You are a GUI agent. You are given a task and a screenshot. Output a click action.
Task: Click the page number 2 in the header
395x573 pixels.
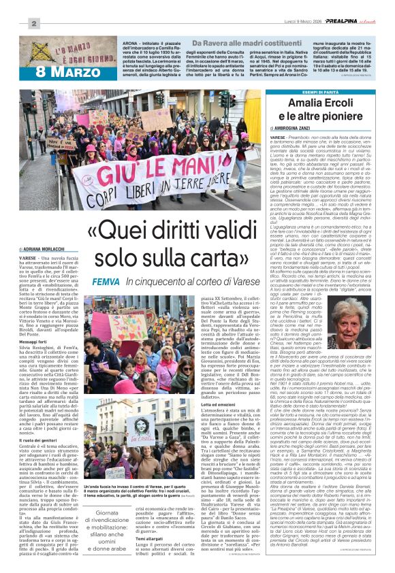(33, 24)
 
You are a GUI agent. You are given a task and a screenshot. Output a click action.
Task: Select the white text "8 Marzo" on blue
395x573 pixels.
(63, 70)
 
